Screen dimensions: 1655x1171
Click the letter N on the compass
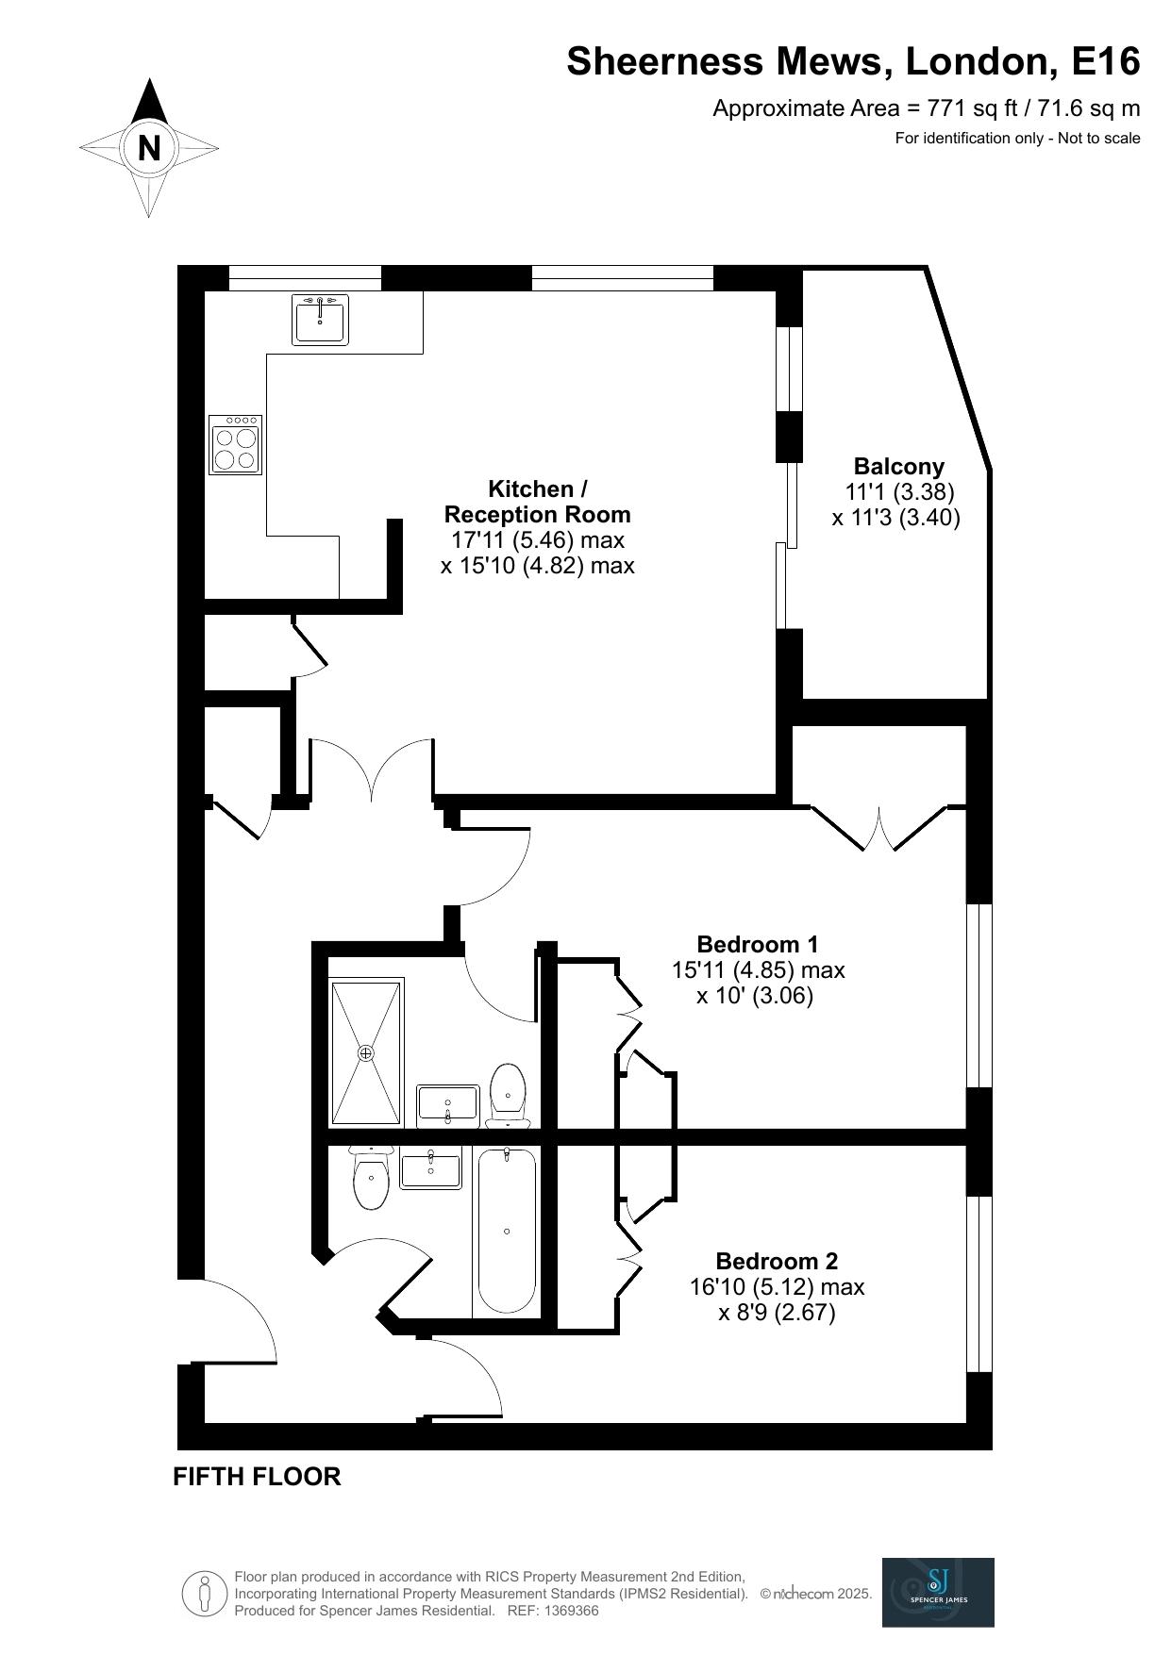[x=149, y=148]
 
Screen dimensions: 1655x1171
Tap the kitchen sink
[x=320, y=320]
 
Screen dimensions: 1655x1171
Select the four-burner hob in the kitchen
[x=235, y=444]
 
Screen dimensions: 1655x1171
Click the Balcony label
[x=898, y=466]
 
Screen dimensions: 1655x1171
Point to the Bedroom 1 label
[x=758, y=944]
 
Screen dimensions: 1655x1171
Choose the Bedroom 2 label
[x=777, y=1261]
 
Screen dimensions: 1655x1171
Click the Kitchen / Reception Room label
[x=537, y=502]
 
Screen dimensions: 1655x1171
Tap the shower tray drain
[x=366, y=1051]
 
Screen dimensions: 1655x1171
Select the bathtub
[x=507, y=1231]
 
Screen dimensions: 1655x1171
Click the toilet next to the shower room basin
[x=508, y=1095]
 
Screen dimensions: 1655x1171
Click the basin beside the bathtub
[x=431, y=1169]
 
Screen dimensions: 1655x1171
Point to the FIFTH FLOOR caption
[x=257, y=1477]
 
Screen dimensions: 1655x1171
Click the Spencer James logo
[x=938, y=1592]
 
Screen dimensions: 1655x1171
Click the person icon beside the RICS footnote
[x=204, y=1594]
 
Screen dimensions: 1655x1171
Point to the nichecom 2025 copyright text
[x=816, y=1594]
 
